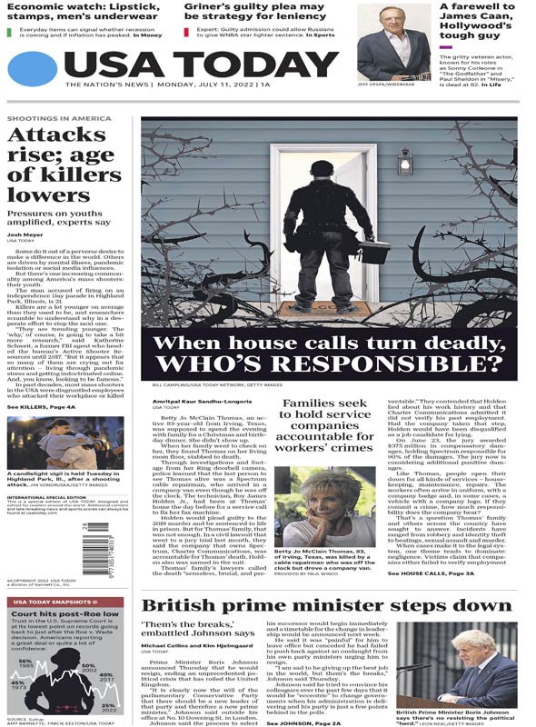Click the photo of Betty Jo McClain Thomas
pos(323,506)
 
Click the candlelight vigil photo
pos(65,443)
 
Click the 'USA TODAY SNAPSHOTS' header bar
pos(64,602)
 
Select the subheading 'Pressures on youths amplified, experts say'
pos(59,214)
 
